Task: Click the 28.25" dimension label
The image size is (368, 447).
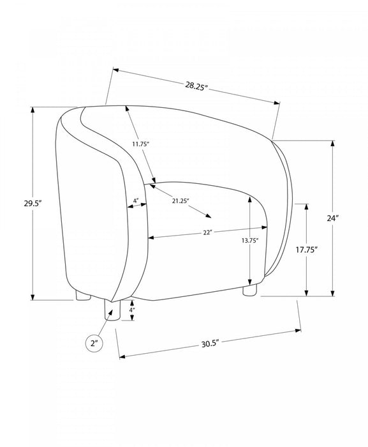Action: tap(195, 86)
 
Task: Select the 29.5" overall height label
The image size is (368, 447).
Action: tap(33, 204)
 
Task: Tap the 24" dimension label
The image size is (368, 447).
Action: tap(333, 218)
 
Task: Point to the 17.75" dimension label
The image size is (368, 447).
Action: tap(307, 250)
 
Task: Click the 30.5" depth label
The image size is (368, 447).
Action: tap(210, 344)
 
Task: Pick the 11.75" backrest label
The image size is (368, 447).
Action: tap(140, 144)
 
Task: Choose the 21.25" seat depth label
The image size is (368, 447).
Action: tap(180, 201)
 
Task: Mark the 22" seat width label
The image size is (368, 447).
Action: tap(208, 232)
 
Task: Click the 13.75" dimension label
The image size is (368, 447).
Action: tap(250, 240)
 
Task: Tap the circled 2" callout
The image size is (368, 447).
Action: tap(94, 344)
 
